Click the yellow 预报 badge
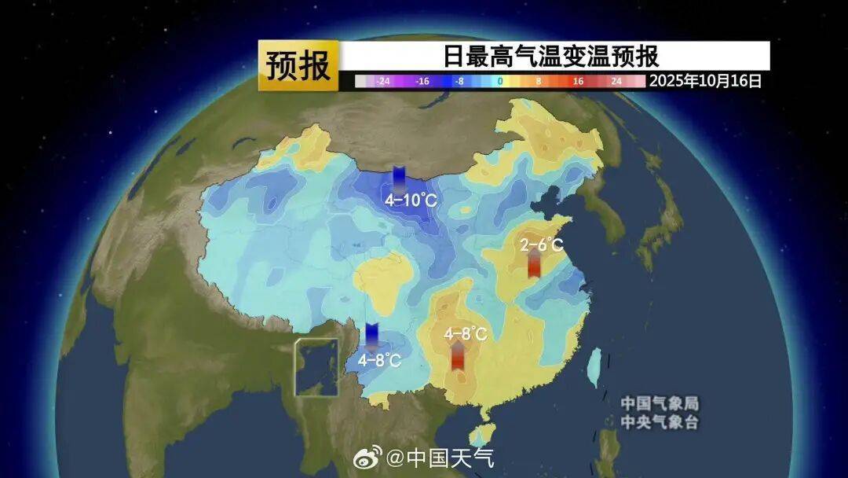tap(298, 66)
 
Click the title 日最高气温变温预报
tap(550, 57)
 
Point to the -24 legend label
tap(383, 81)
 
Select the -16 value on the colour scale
tap(422, 81)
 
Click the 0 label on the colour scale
tap(500, 81)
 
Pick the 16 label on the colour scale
tap(578, 81)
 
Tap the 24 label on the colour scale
tap(616, 81)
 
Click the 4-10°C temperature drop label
tap(410, 200)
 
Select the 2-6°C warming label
tap(542, 245)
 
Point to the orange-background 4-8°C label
tap(466, 333)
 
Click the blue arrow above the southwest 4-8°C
tap(372, 336)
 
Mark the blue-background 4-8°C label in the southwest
tap(380, 360)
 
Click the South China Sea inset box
tap(316, 367)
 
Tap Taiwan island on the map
tap(595, 366)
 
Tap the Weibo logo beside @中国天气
tap(367, 456)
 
